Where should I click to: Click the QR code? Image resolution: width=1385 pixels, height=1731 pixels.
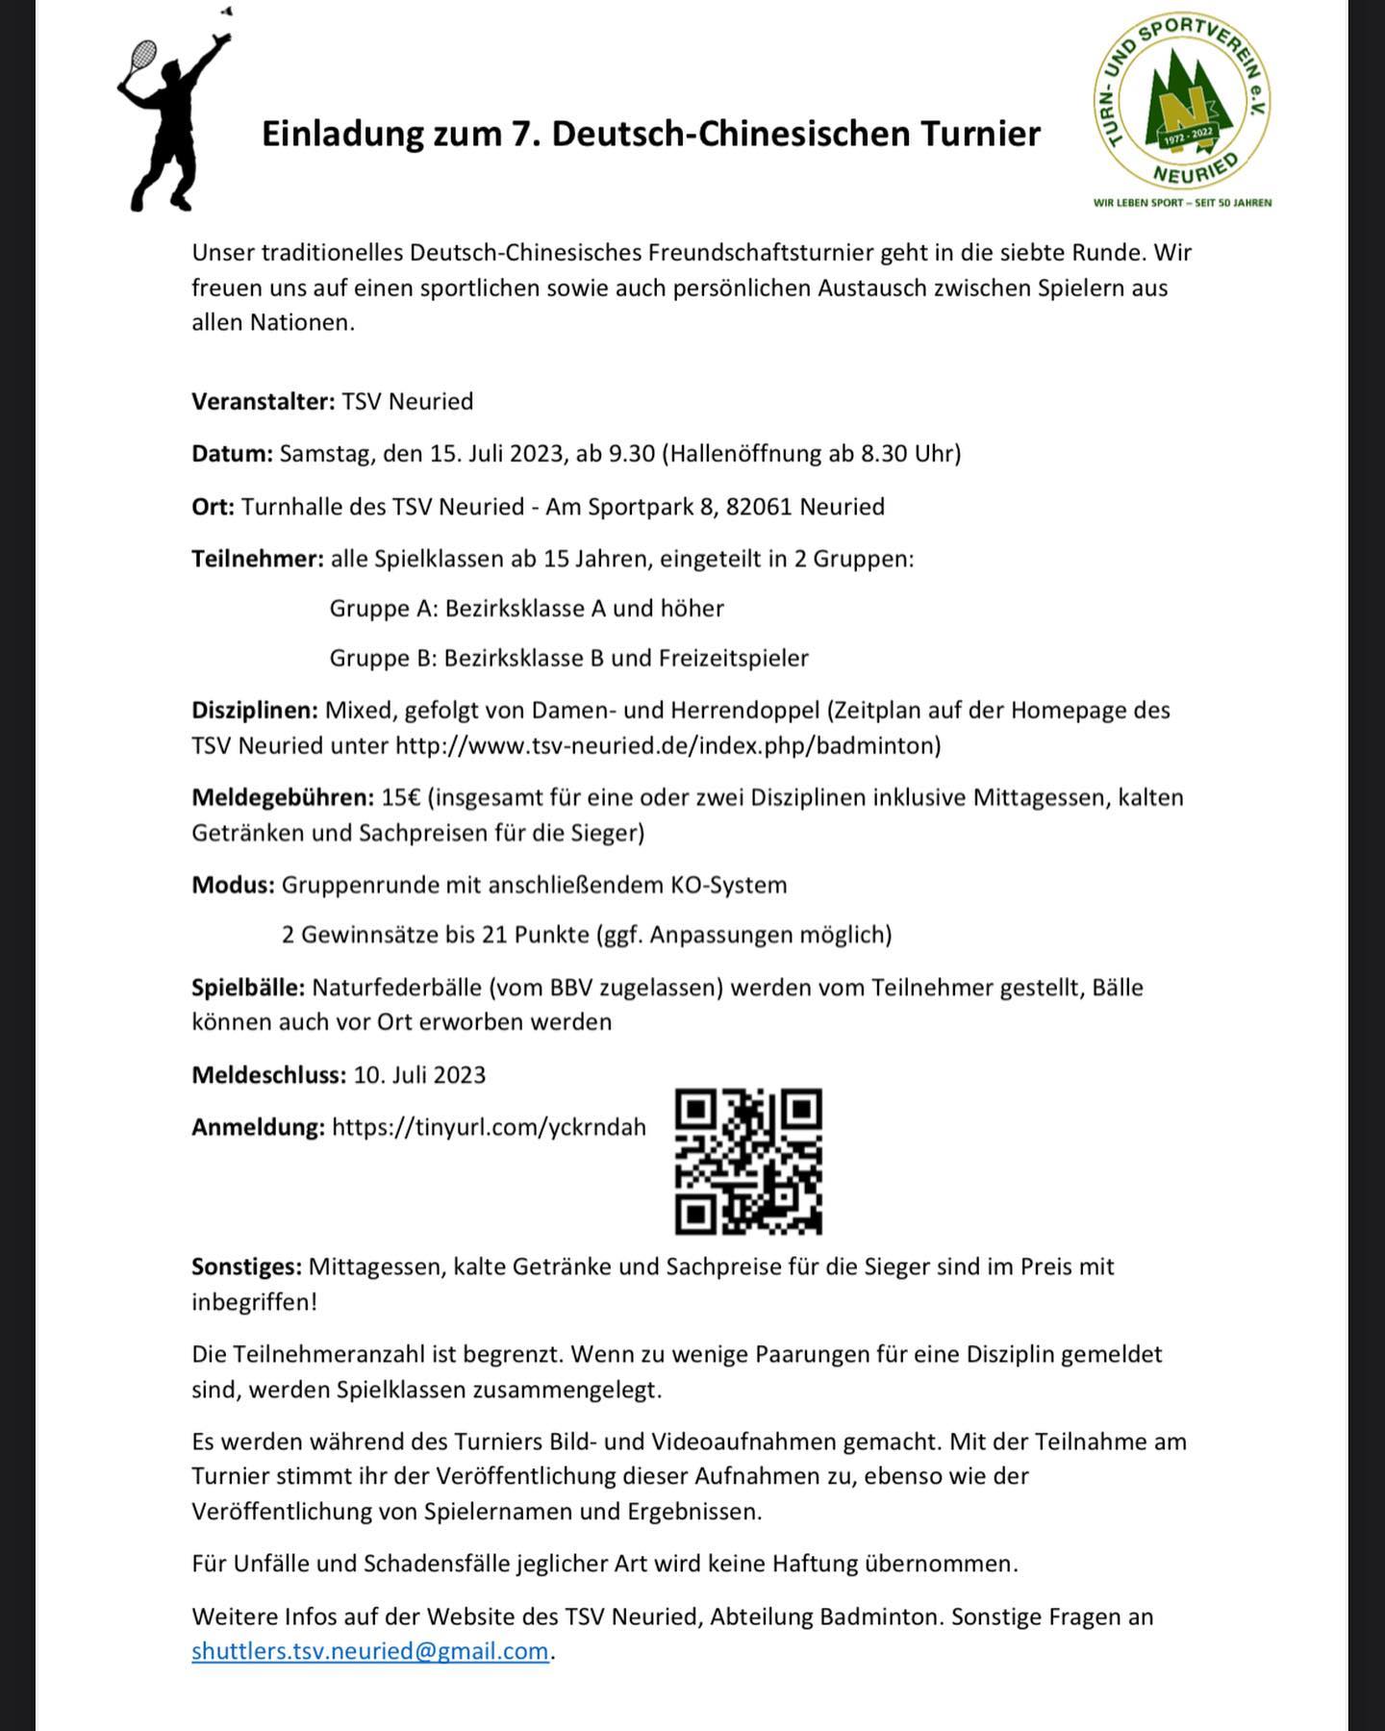click(x=748, y=1161)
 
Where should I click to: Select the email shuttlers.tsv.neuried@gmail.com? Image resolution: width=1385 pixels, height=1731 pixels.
click(x=369, y=1651)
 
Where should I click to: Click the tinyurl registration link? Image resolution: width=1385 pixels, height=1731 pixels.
click(x=489, y=1127)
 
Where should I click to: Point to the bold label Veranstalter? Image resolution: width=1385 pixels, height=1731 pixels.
click(x=263, y=401)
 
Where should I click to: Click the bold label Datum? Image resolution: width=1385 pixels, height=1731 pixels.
click(x=233, y=453)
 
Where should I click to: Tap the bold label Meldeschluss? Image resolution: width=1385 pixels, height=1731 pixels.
click(x=268, y=1074)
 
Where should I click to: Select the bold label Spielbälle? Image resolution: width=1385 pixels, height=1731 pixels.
click(x=248, y=988)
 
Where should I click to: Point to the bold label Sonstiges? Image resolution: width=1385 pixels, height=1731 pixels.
click(x=247, y=1267)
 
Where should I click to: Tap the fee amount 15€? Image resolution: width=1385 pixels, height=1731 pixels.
click(x=400, y=797)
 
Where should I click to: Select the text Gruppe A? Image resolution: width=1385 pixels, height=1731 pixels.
click(x=384, y=608)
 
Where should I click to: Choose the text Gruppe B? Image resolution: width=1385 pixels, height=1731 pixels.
click(x=383, y=658)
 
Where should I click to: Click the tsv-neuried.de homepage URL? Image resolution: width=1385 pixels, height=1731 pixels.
click(x=667, y=745)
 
